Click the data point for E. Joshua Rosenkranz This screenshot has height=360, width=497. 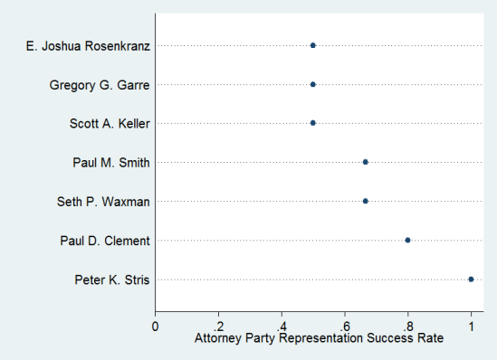[313, 45]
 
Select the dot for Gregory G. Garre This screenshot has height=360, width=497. [313, 84]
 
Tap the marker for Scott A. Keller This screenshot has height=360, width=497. [313, 123]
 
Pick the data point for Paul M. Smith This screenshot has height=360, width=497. [365, 162]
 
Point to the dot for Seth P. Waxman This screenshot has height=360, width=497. [365, 201]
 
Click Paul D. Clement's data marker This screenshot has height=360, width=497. [407, 240]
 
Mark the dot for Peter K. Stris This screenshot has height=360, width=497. [471, 279]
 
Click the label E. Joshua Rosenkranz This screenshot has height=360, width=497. [88, 45]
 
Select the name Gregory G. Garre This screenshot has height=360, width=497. [99, 85]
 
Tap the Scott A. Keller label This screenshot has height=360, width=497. [110, 124]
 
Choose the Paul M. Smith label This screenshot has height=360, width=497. [111, 163]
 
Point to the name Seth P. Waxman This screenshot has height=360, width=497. [103, 202]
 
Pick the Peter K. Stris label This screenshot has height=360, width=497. [112, 279]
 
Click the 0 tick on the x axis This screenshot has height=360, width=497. [156, 325]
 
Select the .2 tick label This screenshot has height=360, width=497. [218, 325]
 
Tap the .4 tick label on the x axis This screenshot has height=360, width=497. [282, 325]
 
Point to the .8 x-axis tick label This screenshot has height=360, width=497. [407, 325]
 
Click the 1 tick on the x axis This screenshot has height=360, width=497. [471, 325]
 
